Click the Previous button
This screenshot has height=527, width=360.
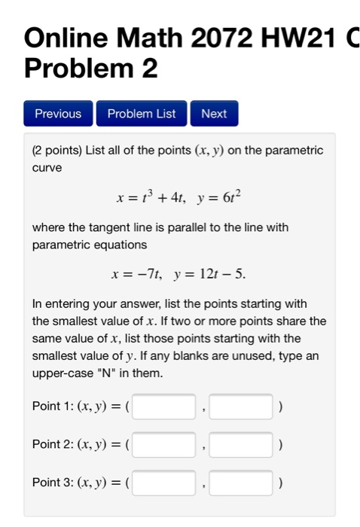pos(58,114)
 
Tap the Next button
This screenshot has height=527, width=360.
pos(214,114)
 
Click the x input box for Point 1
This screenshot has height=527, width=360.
pos(164,407)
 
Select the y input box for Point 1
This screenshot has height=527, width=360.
pos(241,407)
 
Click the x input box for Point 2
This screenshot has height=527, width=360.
pos(164,445)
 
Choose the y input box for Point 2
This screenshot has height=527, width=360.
pos(241,445)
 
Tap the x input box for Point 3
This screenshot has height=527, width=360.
pos(164,483)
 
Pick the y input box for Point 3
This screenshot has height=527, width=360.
pos(241,483)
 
